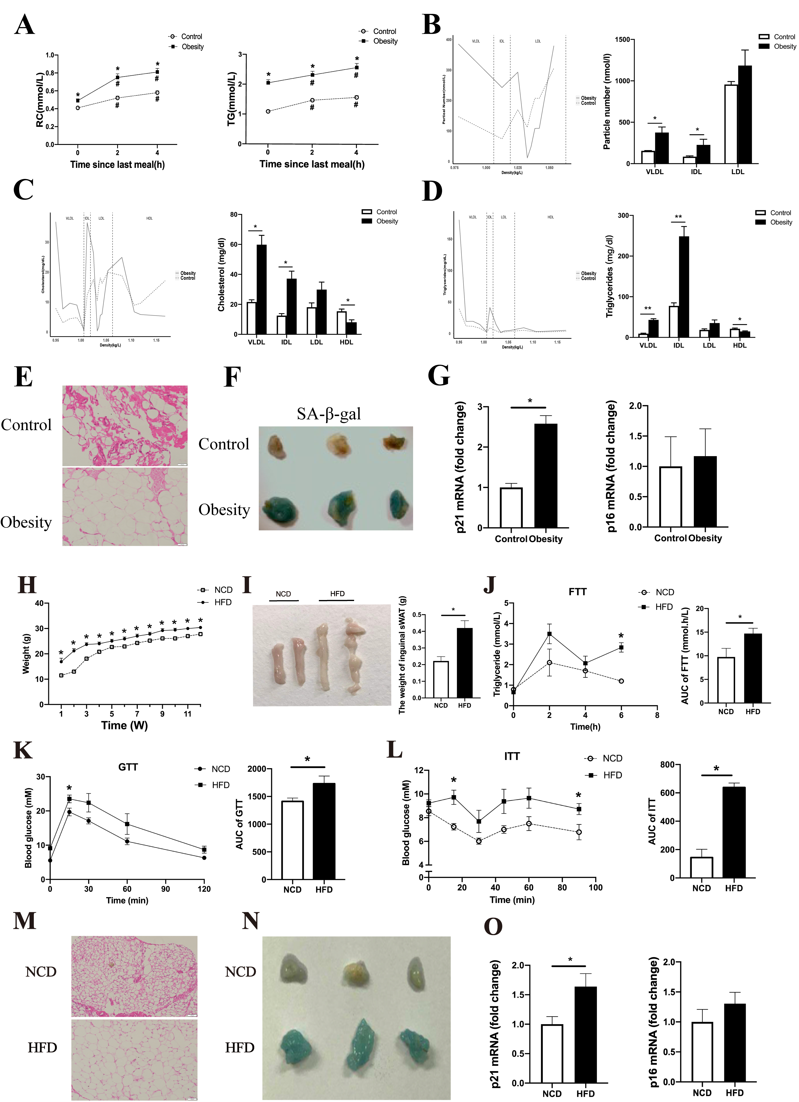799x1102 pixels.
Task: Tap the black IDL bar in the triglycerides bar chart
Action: pos(684,287)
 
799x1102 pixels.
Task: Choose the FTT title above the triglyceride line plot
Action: pos(577,592)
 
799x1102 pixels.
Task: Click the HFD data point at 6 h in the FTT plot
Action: pos(621,648)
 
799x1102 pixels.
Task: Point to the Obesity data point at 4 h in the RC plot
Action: pos(157,72)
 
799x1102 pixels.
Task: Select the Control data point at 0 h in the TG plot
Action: pos(268,111)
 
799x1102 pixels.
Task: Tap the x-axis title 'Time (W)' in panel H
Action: pos(124,725)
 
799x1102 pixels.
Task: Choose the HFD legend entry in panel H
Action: pos(223,602)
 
